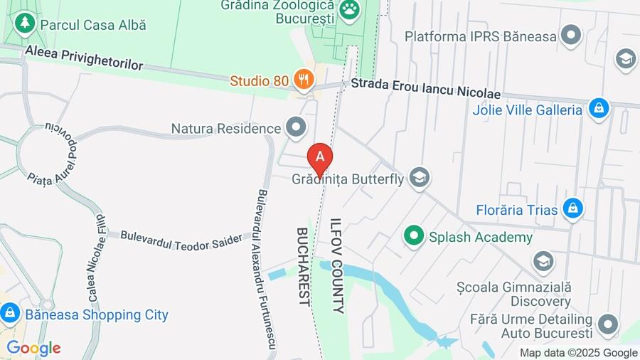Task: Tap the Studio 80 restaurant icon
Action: tap(304, 80)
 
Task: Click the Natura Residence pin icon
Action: tap(296, 128)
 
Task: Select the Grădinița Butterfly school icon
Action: tap(420, 178)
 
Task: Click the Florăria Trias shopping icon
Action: tap(572, 209)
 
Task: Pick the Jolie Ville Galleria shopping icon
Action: tap(599, 110)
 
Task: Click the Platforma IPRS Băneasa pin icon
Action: tap(571, 35)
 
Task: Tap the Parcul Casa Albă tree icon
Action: tap(26, 23)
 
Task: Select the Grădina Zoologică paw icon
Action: tap(350, 9)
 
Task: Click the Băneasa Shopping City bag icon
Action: tap(10, 313)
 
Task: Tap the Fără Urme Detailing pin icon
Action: tap(607, 324)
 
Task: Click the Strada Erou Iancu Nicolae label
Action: tap(425, 89)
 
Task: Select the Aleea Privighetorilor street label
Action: tap(84, 59)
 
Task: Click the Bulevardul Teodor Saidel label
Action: tap(181, 240)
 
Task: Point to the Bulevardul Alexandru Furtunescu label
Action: tap(266, 270)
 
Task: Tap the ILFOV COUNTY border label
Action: tap(337, 265)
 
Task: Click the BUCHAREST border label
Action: tap(303, 266)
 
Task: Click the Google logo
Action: tap(33, 348)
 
